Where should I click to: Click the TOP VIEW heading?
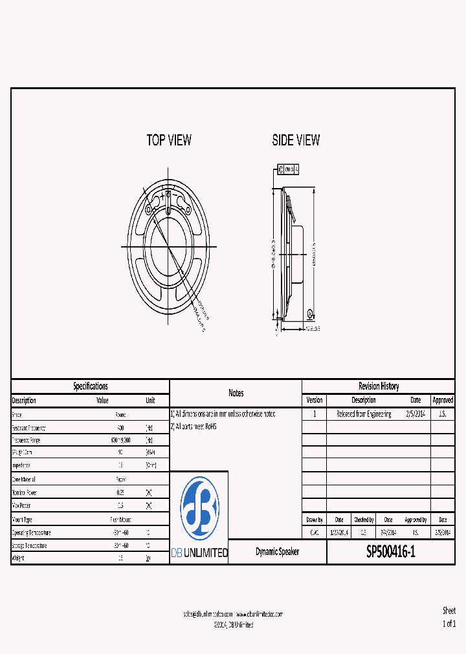coord(169,140)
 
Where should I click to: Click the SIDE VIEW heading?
coord(296,140)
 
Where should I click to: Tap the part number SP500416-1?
coord(391,552)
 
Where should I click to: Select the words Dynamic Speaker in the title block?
coord(277,552)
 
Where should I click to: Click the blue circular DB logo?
coord(199,509)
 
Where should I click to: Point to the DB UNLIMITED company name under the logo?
coord(199,553)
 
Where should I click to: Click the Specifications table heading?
coord(91,386)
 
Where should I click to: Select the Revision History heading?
coord(379,386)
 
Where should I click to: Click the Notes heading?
coord(236,393)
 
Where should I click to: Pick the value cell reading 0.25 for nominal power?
coord(120,492)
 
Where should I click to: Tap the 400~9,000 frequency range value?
coord(120,439)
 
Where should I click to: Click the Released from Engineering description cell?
coord(363,414)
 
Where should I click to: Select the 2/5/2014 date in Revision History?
coord(416,414)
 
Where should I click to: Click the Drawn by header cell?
coord(315,520)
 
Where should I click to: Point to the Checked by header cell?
coord(363,520)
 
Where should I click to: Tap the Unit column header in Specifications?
coord(150,400)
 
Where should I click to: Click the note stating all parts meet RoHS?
coord(195,427)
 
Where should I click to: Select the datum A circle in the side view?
coord(310,315)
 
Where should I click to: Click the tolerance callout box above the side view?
coord(287,169)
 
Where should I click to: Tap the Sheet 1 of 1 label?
coord(449,617)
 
